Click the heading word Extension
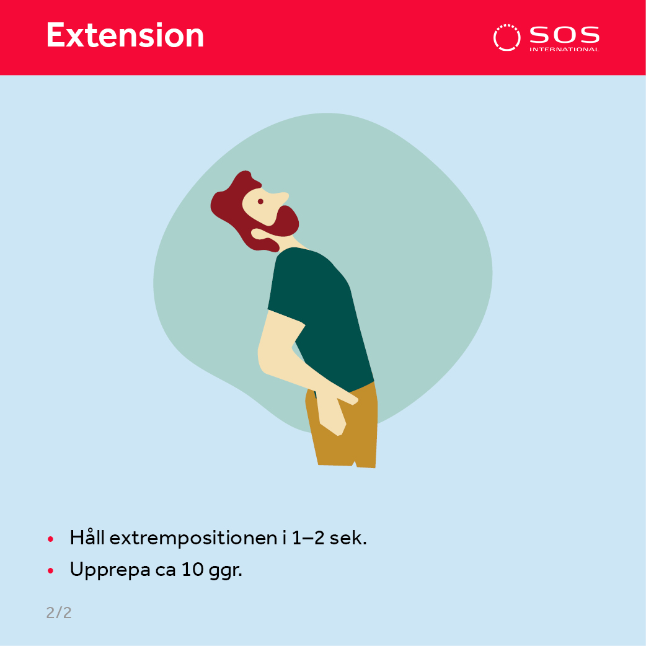[x=125, y=35]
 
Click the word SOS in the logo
[x=564, y=35]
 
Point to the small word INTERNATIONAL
[x=564, y=50]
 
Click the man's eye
[x=260, y=201]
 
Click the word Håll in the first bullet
[x=87, y=538]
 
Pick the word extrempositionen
[x=193, y=539]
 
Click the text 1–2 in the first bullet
[x=308, y=538]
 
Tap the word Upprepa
[x=110, y=570]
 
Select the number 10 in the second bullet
[x=192, y=570]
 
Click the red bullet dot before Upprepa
[x=51, y=571]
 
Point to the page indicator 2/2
[x=59, y=613]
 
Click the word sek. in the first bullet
[x=348, y=538]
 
